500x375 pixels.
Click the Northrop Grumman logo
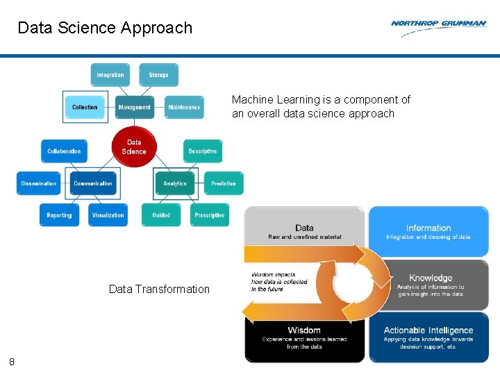coord(438,24)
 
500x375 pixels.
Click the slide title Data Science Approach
coord(105,28)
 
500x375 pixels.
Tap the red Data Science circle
coord(134,147)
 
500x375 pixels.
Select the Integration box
coord(110,75)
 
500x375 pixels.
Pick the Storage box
coord(158,75)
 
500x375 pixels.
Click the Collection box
coord(85,107)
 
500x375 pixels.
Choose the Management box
coord(135,107)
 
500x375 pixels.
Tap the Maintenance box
coord(184,107)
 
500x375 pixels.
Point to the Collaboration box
coord(64,151)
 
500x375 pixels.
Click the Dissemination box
coord(39,183)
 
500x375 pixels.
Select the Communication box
coord(92,183)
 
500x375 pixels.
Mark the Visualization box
coord(108,215)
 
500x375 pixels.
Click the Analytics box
coord(175,183)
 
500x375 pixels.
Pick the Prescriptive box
coord(210,215)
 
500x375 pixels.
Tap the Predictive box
coord(224,183)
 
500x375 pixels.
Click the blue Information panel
coord(428,231)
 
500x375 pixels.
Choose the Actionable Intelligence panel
coord(428,337)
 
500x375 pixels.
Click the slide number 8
coord(12,361)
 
